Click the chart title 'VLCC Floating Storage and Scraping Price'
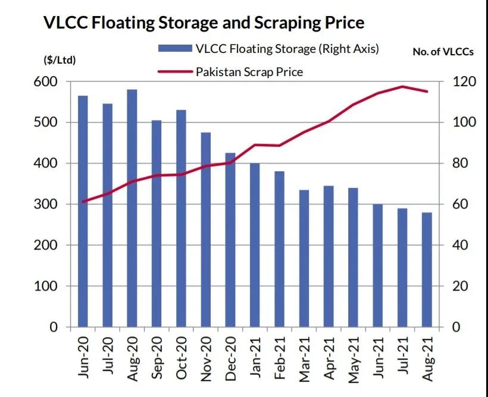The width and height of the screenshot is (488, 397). tap(204, 23)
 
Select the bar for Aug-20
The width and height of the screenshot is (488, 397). tap(132, 208)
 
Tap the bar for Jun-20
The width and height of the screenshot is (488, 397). tap(83, 211)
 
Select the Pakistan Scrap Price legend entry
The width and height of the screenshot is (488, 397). tap(249, 72)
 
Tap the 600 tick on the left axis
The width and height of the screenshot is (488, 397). tap(55, 81)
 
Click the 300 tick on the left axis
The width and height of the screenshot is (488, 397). tap(55, 204)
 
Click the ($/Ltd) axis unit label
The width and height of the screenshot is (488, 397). tap(60, 59)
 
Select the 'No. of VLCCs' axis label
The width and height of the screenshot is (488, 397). tap(443, 52)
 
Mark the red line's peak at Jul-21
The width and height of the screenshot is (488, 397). tap(402, 87)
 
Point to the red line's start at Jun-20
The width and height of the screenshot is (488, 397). tap(83, 201)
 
